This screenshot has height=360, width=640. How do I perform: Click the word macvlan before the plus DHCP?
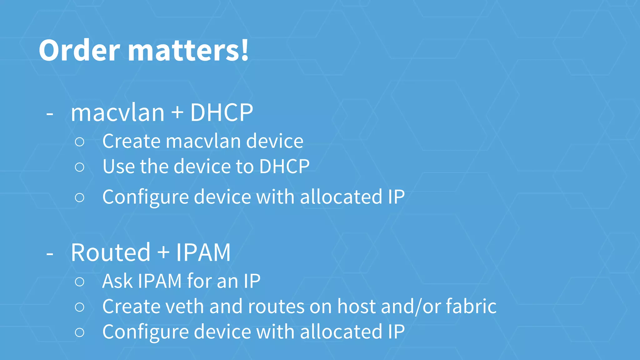coord(117,113)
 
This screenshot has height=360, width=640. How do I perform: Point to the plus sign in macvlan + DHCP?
coord(177,112)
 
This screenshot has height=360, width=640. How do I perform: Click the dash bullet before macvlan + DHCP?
coord(50,114)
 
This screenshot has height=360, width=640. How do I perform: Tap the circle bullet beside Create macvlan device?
coord(80,142)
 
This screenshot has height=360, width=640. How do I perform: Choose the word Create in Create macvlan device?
coord(131,141)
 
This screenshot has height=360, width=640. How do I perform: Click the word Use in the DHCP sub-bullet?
coord(118,167)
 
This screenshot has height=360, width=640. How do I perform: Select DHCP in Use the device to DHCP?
coord(284,167)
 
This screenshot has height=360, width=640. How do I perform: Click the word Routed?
coord(111,252)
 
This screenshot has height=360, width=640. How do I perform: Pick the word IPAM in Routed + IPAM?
coord(203,252)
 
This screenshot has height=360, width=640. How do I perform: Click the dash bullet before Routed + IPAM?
coord(50,254)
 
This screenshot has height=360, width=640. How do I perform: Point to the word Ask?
coord(117,281)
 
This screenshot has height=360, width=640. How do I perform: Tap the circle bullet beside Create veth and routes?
coord(80,307)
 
